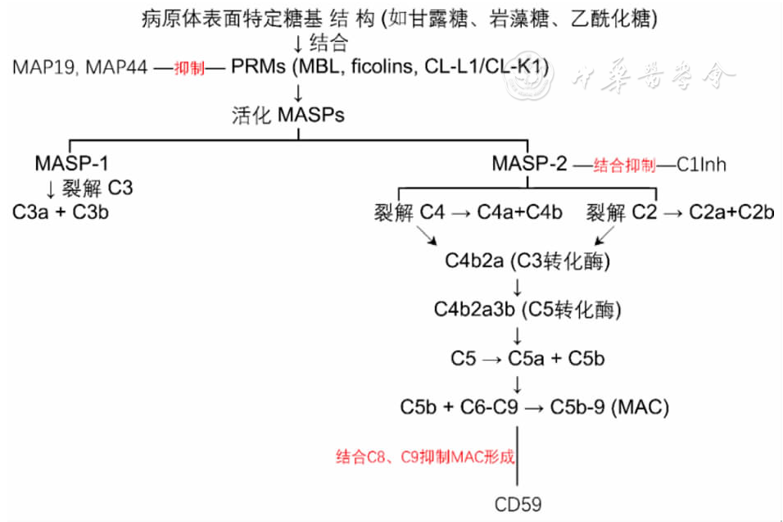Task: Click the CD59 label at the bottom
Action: pyautogui.click(x=518, y=505)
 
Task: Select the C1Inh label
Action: pyautogui.click(x=701, y=165)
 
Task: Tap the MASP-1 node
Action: pyautogui.click(x=71, y=163)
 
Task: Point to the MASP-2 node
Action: pyautogui.click(x=529, y=163)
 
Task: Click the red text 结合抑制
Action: pyautogui.click(x=624, y=166)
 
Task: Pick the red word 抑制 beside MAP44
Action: pyautogui.click(x=189, y=67)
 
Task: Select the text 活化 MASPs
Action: pyautogui.click(x=288, y=116)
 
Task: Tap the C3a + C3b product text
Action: pyautogui.click(x=61, y=212)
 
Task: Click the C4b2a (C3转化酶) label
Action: pyautogui.click(x=527, y=261)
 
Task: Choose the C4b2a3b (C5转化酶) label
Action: pyautogui.click(x=527, y=310)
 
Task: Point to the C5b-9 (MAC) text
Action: pyautogui.click(x=609, y=407)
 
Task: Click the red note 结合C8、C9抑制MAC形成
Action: pyautogui.click(x=425, y=456)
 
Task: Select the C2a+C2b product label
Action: pyautogui.click(x=731, y=212)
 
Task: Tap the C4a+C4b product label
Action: pyautogui.click(x=519, y=212)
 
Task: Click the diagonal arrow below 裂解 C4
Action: pyautogui.click(x=427, y=235)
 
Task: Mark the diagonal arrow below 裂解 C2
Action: pyautogui.click(x=604, y=235)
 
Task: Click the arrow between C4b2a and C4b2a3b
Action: pyautogui.click(x=518, y=288)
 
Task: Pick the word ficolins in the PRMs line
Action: pyautogui.click(x=384, y=66)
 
